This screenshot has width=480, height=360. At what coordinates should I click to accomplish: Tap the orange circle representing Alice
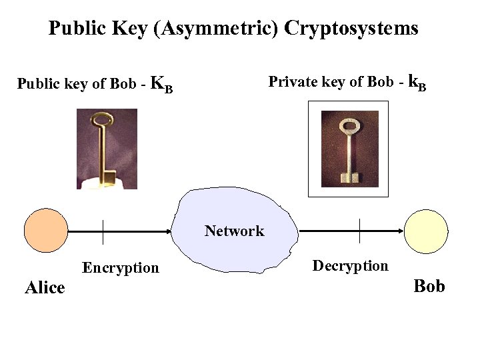(x=46, y=230)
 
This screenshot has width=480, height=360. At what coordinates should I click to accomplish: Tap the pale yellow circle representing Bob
(x=427, y=231)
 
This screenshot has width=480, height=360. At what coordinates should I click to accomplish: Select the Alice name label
(x=45, y=288)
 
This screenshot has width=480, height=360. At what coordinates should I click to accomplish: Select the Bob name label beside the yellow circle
(x=429, y=286)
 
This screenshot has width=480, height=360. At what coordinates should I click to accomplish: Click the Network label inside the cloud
(x=234, y=231)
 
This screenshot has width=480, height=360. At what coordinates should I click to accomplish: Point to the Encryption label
(x=121, y=268)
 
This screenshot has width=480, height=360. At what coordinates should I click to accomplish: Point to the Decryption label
(x=350, y=266)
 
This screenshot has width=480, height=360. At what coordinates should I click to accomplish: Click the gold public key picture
(x=107, y=149)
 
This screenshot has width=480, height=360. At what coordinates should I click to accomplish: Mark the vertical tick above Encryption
(x=103, y=231)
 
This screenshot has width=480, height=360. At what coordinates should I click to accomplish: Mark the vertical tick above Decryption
(x=360, y=231)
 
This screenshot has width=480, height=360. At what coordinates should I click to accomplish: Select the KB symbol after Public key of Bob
(x=162, y=85)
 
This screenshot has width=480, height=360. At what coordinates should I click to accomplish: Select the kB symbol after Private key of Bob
(x=417, y=83)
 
